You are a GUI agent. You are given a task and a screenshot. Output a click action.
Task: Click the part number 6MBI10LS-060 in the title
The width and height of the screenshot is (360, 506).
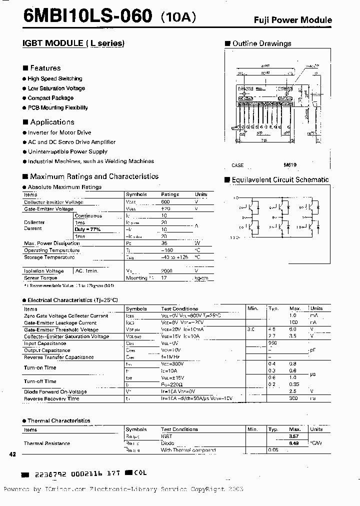tap(80, 16)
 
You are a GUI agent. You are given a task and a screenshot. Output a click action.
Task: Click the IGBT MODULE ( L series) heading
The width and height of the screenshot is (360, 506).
tap(73, 43)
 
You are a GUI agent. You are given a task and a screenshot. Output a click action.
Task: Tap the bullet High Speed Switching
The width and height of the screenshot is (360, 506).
tap(54, 78)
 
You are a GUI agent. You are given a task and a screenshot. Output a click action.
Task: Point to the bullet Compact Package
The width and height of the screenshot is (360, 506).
tap(50, 98)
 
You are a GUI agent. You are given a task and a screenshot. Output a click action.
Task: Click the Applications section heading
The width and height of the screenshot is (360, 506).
tap(52, 122)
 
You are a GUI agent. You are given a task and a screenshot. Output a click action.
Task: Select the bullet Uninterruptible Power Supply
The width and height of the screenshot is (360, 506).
tap(67, 151)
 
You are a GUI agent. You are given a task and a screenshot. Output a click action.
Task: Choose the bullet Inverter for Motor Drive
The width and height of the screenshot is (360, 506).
tap(59, 132)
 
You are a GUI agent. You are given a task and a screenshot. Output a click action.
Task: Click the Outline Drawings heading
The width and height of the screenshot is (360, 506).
tap(261, 43)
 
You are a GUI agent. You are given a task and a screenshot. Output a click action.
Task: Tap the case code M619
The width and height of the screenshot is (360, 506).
tap(290, 164)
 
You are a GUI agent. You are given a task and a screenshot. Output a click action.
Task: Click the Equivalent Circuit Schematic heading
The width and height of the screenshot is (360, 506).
tap(280, 179)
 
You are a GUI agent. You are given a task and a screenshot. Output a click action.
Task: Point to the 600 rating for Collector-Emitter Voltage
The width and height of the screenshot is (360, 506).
tap(165, 202)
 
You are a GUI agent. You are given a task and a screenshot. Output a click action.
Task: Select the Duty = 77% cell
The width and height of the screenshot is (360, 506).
tap(87, 229)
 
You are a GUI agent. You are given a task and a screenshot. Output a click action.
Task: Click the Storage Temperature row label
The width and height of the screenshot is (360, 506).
tap(49, 257)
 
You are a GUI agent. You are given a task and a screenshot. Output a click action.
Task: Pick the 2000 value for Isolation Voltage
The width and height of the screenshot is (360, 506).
tap(166, 270)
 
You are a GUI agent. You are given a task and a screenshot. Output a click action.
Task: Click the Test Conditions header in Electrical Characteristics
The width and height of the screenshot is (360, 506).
tap(179, 308)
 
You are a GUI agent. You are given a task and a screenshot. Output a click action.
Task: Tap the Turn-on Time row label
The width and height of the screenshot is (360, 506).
tap(40, 367)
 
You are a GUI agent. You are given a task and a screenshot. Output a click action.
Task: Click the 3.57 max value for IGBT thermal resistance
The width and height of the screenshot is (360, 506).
tap(294, 436)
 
